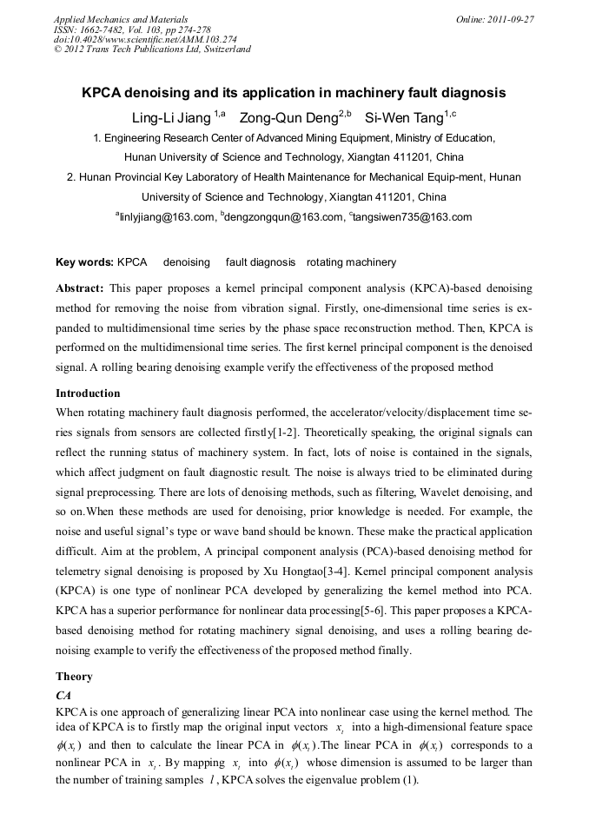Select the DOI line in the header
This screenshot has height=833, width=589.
[x=145, y=39]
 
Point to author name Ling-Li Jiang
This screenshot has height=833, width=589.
[x=171, y=116]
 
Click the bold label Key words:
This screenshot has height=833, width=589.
[x=84, y=262]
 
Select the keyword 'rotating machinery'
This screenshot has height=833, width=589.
[x=351, y=262]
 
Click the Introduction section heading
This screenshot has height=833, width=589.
[x=88, y=393]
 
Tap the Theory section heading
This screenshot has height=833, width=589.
[x=74, y=676]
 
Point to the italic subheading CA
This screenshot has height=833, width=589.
[x=63, y=696]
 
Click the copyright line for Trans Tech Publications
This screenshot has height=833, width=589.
[x=152, y=50]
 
